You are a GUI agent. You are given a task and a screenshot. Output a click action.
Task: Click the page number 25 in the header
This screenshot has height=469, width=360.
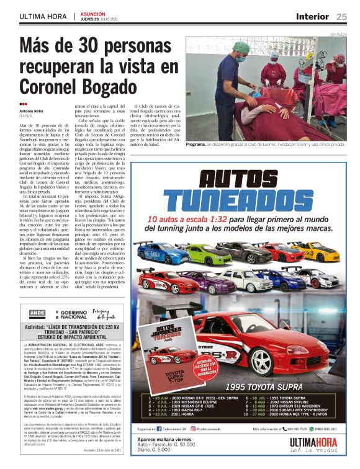coord(342,16)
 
